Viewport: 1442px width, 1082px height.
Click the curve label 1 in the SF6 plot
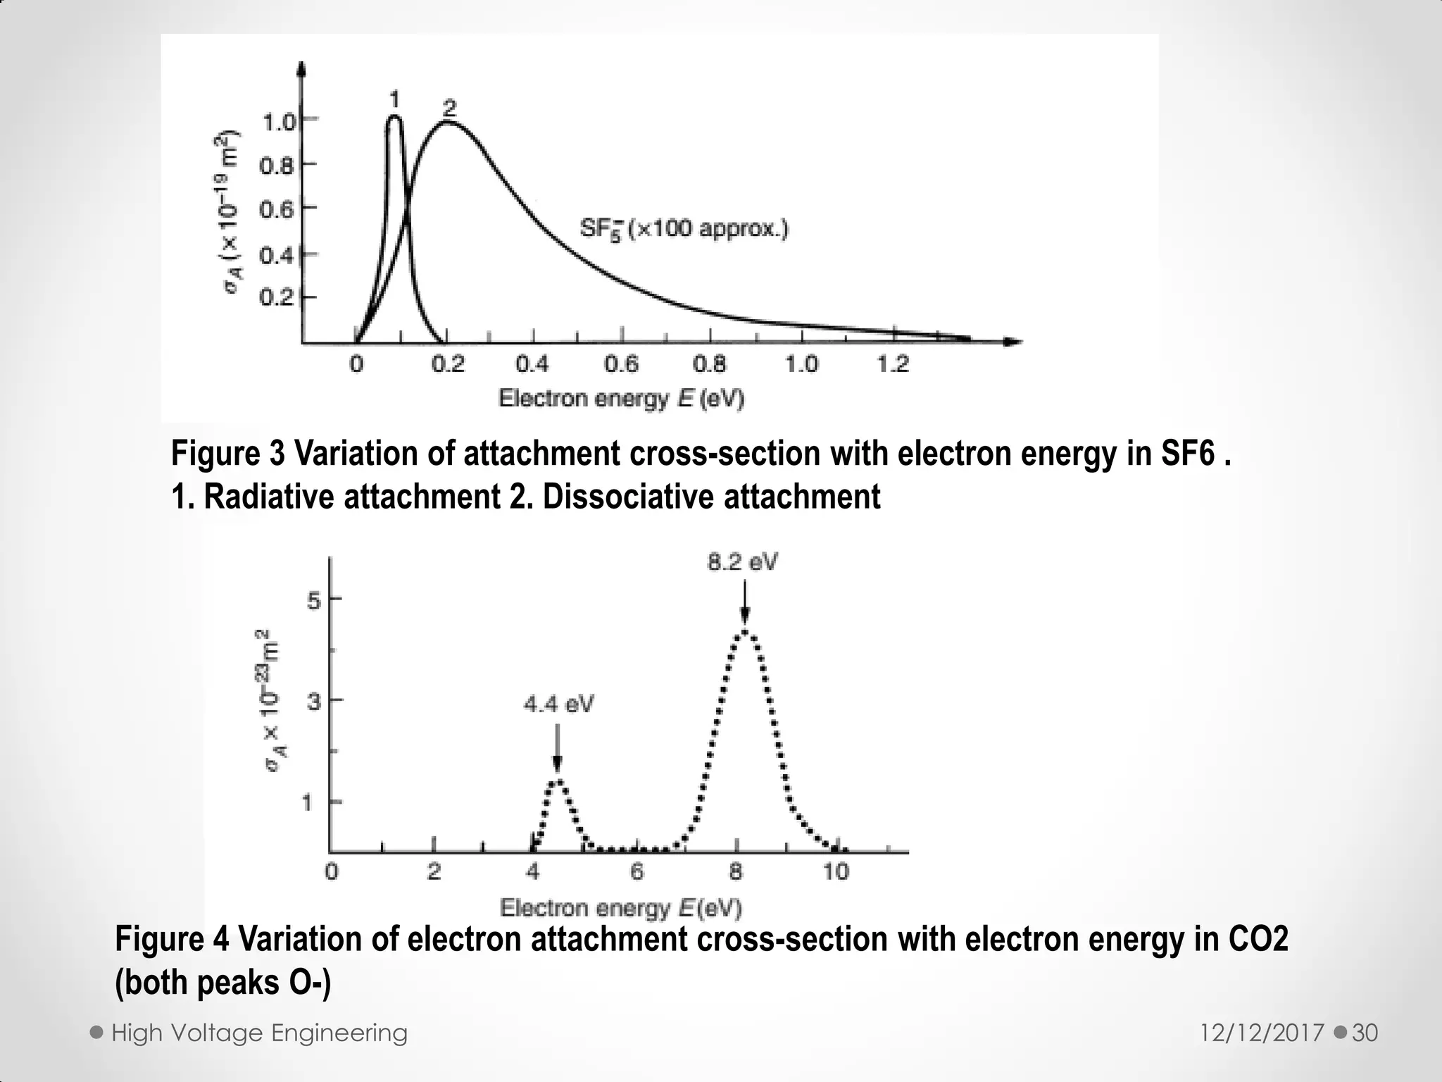point(394,99)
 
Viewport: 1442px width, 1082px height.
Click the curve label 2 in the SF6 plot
point(449,108)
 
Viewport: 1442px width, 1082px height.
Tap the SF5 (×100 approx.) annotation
point(684,230)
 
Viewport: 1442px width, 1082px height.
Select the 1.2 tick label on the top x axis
point(892,364)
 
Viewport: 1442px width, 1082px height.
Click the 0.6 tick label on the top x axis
point(621,364)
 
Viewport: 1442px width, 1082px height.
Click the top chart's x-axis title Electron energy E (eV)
point(621,399)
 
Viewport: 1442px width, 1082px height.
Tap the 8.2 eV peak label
point(743,562)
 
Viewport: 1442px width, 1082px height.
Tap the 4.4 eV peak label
point(558,704)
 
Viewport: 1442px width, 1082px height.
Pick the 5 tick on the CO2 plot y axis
point(313,600)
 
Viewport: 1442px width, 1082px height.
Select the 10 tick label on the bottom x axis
point(836,872)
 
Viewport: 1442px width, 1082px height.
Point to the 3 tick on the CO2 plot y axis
point(313,702)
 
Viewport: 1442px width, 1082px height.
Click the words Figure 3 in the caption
point(227,453)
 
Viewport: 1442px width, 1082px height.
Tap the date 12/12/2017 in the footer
point(1262,1033)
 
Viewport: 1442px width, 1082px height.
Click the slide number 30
point(1365,1033)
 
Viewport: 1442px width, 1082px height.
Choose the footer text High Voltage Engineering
point(259,1033)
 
